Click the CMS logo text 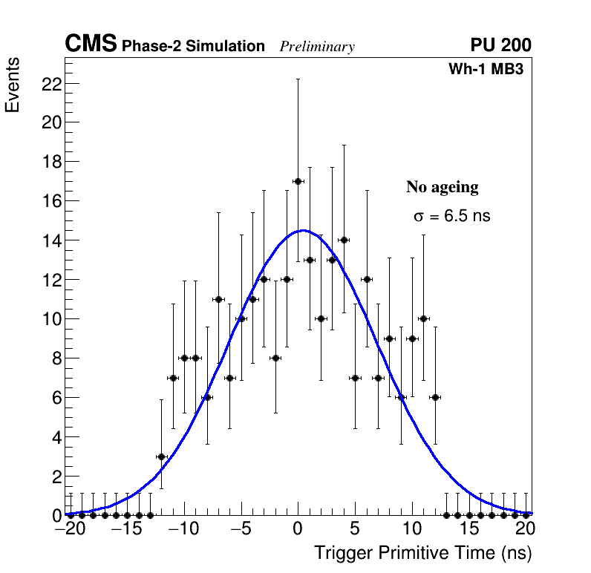pos(91,45)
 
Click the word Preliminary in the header pos(317,47)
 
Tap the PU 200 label pos(501,45)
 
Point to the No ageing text pos(443,187)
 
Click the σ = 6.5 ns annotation pos(451,217)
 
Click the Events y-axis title pos(13,85)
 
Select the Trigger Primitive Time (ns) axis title pos(423,553)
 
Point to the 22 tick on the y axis pos(50,84)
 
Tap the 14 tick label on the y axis pos(50,240)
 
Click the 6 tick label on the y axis pos(54,398)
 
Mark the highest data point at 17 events pos(298,181)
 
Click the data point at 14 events pos(344,240)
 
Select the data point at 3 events pos(161,456)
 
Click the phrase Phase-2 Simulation pos(193,47)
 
